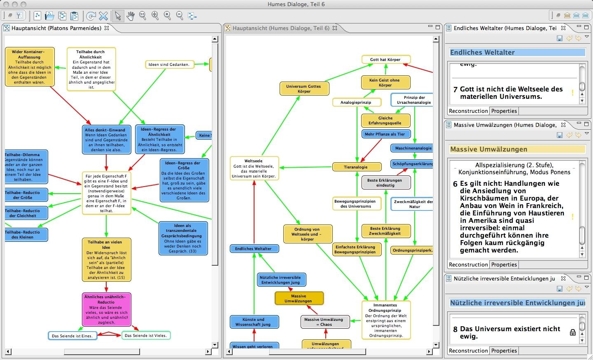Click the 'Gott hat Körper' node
pyautogui.click(x=386, y=59)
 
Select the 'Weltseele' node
pyautogui.click(x=254, y=168)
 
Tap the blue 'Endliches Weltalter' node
pyautogui.click(x=254, y=249)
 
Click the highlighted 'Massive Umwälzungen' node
pyautogui.click(x=299, y=298)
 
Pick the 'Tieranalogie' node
pyautogui.click(x=356, y=167)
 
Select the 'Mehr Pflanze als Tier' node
pyautogui.click(x=385, y=134)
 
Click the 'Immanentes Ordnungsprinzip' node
pyautogui.click(x=386, y=320)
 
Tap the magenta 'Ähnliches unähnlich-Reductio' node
pyautogui.click(x=106, y=309)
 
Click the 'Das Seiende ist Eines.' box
pyautogui.click(x=72, y=336)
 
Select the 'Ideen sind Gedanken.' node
pyautogui.click(x=169, y=64)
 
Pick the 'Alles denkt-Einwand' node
pyautogui.click(x=106, y=140)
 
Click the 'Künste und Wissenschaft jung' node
pyautogui.click(x=254, y=322)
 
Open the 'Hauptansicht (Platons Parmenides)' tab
pyautogui.click(x=56, y=28)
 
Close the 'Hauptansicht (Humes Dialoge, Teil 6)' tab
pyautogui.click(x=335, y=28)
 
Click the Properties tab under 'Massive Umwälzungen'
pyautogui.click(x=504, y=264)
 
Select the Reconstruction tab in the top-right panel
pyautogui.click(x=468, y=111)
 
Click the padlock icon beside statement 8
pyautogui.click(x=572, y=332)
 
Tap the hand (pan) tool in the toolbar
pyautogui.click(x=131, y=16)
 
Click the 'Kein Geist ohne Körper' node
pyautogui.click(x=385, y=82)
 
